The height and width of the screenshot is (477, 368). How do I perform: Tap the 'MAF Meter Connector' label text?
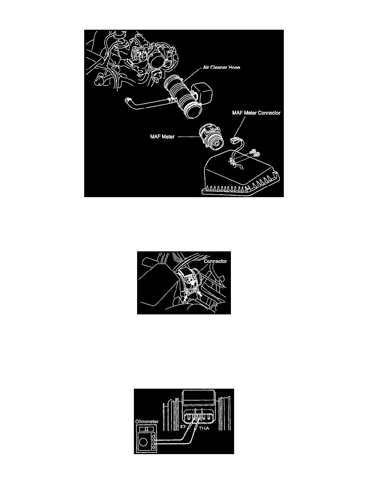click(256, 113)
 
